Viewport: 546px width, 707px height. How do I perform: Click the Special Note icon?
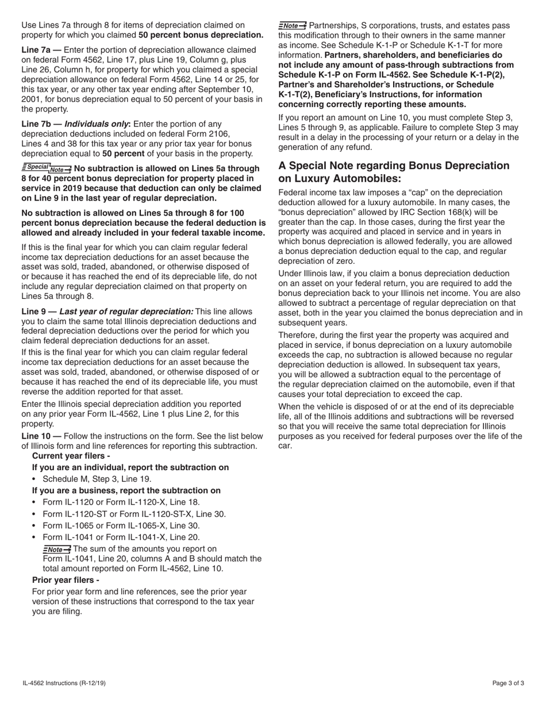(47, 168)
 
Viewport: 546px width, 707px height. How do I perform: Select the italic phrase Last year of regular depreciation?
(126, 312)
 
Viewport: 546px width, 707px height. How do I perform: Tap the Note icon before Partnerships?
(293, 25)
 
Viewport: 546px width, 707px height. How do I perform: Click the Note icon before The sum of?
(57, 549)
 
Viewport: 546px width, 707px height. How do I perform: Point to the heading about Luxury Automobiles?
(394, 172)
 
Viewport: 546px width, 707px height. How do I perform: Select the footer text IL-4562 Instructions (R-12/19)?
(64, 683)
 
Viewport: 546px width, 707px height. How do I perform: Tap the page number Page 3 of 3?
(508, 683)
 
